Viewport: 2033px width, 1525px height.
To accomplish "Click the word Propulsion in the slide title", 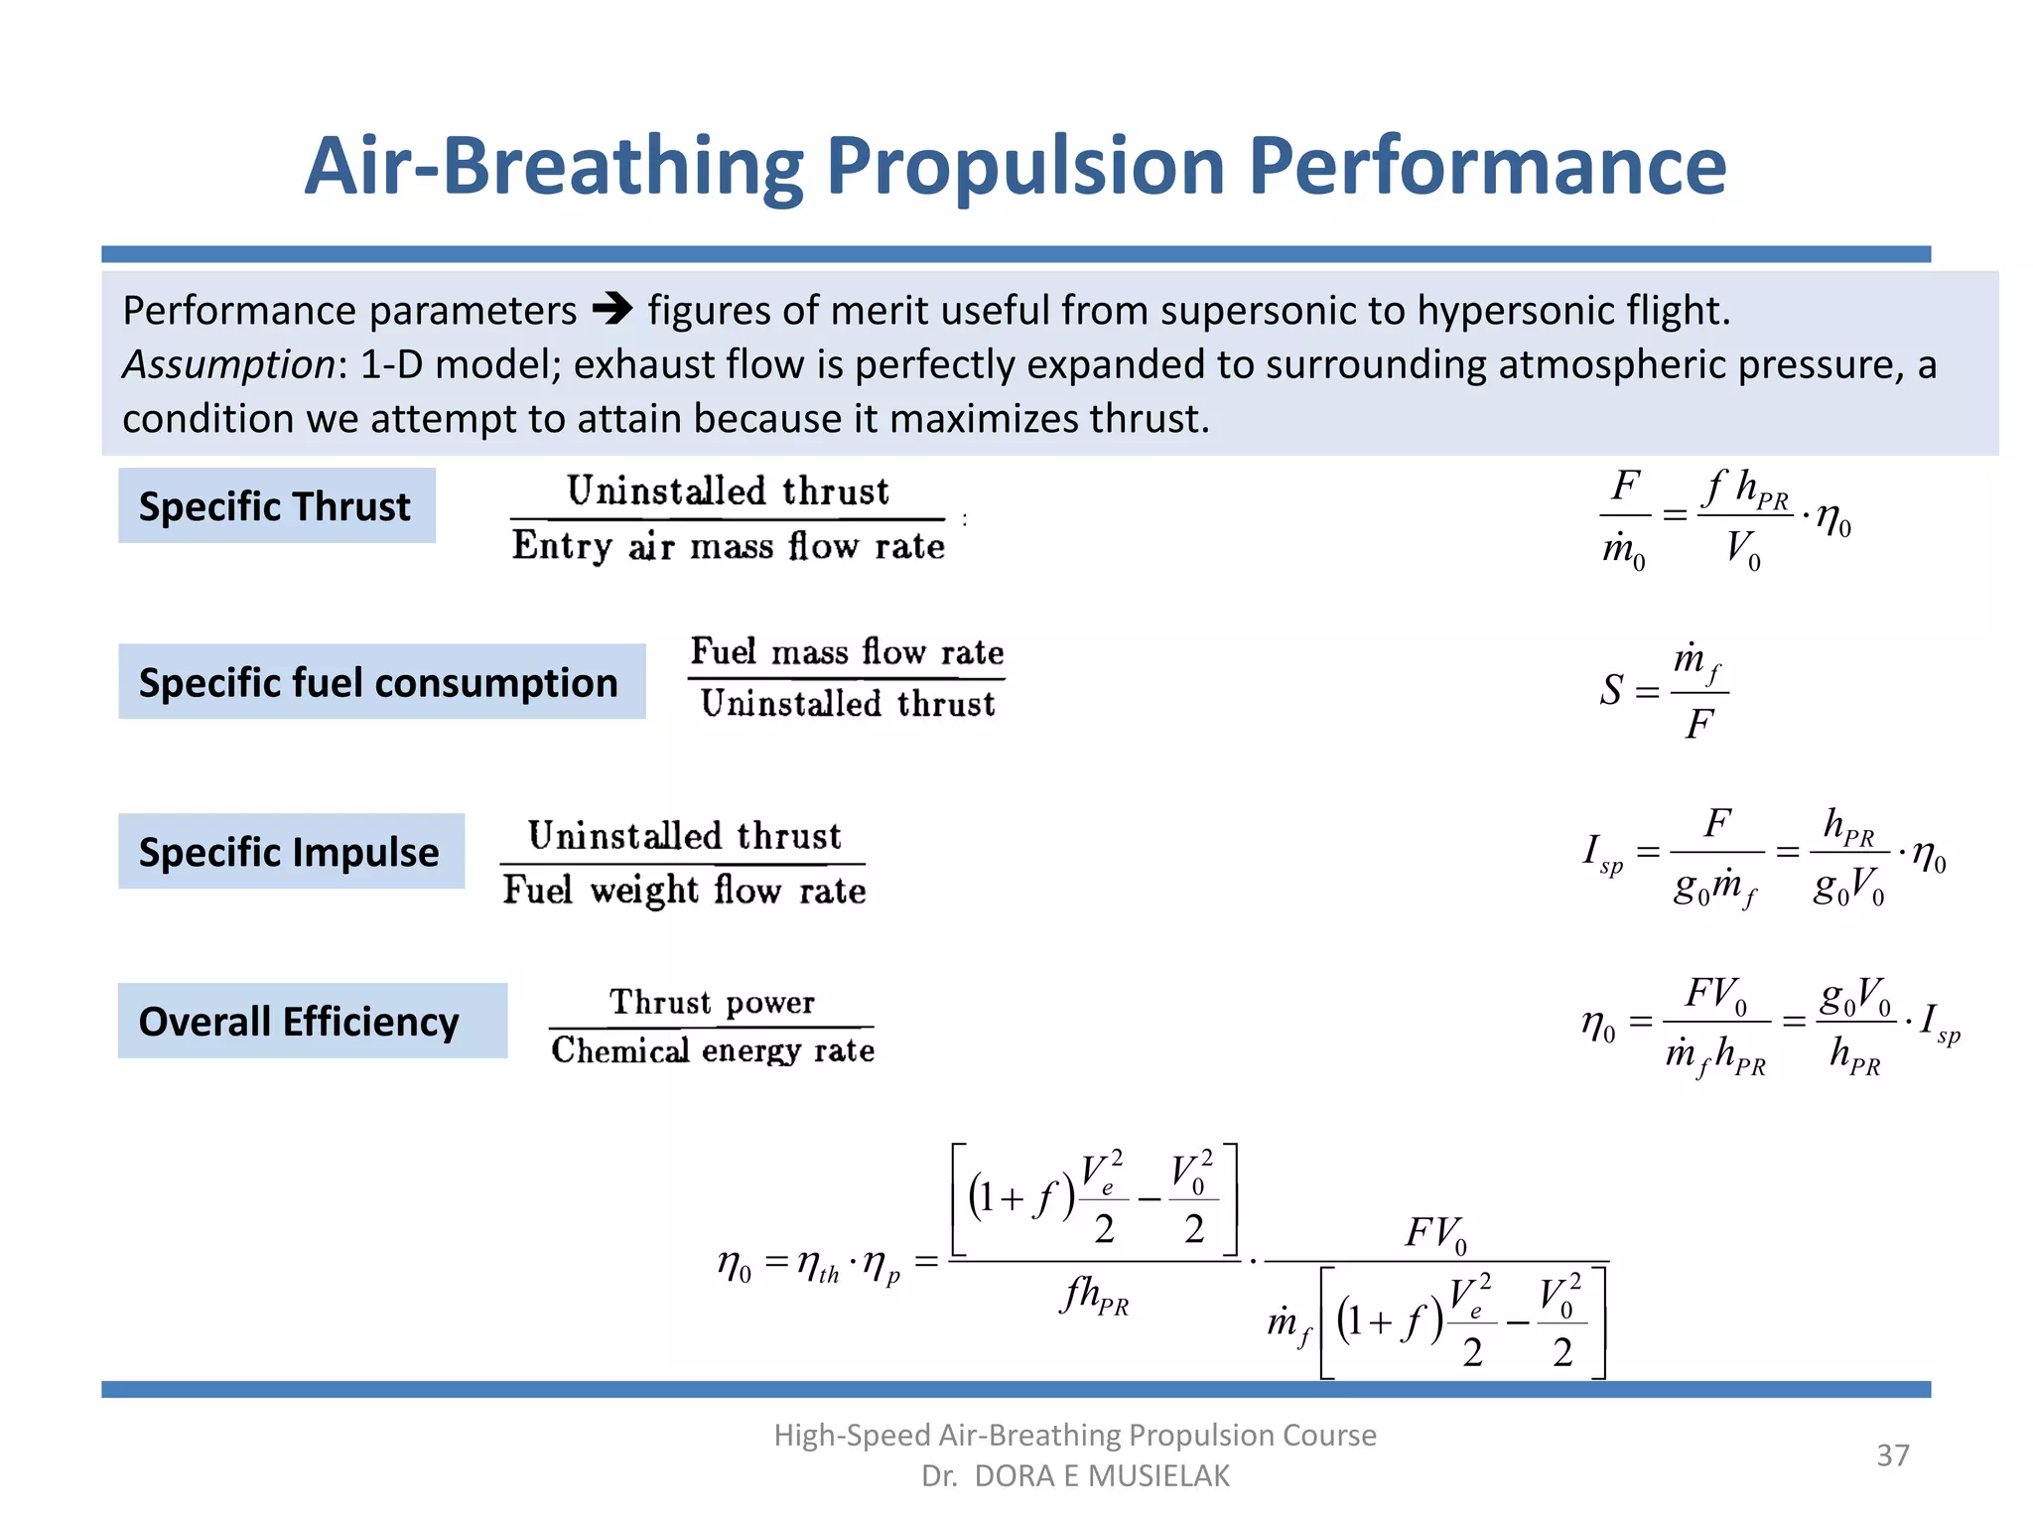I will (1025, 167).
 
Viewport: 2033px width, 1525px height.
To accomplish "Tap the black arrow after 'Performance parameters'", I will (612, 310).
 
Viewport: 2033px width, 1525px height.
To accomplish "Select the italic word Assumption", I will (228, 364).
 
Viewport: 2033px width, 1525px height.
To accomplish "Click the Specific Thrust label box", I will (276, 506).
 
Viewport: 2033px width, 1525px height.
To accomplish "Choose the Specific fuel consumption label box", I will (381, 682).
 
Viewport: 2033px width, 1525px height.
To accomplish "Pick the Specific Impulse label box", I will (291, 852).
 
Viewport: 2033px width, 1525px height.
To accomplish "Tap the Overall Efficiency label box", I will (312, 1021).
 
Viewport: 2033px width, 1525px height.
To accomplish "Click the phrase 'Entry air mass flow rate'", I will (728, 546).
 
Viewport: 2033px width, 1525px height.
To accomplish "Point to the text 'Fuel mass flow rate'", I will (847, 652).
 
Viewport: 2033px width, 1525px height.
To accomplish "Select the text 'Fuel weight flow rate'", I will (684, 890).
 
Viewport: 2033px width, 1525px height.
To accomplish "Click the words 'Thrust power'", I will (712, 1002).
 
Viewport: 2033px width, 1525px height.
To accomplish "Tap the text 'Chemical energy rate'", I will (713, 1050).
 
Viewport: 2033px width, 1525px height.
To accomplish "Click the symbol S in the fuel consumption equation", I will (1611, 690).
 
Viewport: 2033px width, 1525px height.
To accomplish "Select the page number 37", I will (1892, 1456).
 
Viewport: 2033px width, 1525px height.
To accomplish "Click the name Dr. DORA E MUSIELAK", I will (1075, 1476).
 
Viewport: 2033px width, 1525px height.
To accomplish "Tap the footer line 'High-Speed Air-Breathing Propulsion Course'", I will (1075, 1435).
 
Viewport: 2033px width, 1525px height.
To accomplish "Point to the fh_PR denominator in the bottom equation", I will (1096, 1297).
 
